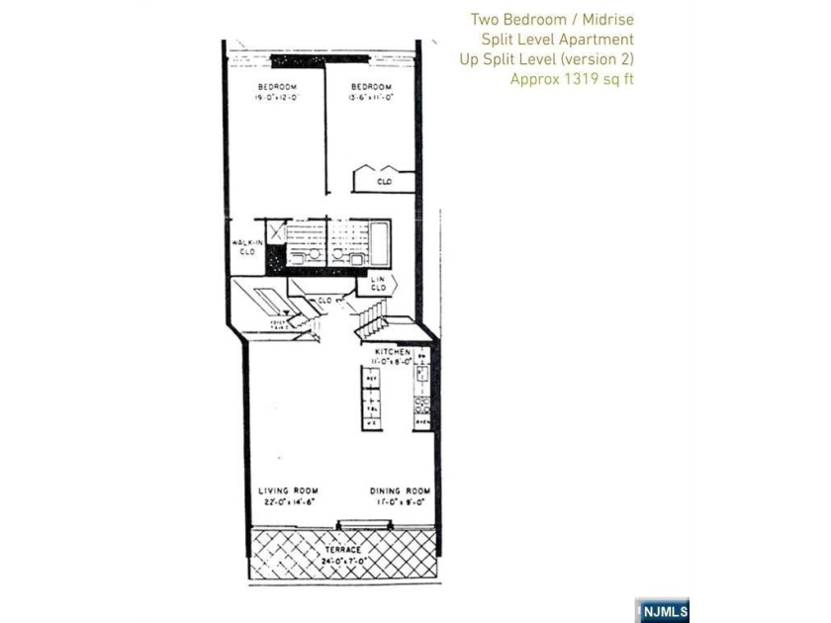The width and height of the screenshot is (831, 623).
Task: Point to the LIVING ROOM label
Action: [x=287, y=491]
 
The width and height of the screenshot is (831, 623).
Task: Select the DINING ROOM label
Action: [x=400, y=491]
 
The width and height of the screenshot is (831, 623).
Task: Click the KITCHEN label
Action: [x=393, y=352]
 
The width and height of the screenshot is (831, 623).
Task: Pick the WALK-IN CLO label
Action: [x=245, y=247]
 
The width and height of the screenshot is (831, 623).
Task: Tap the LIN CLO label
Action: [x=377, y=285]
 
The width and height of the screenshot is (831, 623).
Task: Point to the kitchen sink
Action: [x=421, y=374]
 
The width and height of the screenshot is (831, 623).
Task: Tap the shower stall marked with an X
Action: [x=275, y=233]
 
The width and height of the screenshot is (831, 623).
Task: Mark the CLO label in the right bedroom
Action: [x=383, y=182]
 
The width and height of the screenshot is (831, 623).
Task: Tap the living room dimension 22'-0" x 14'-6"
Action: [x=287, y=502]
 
